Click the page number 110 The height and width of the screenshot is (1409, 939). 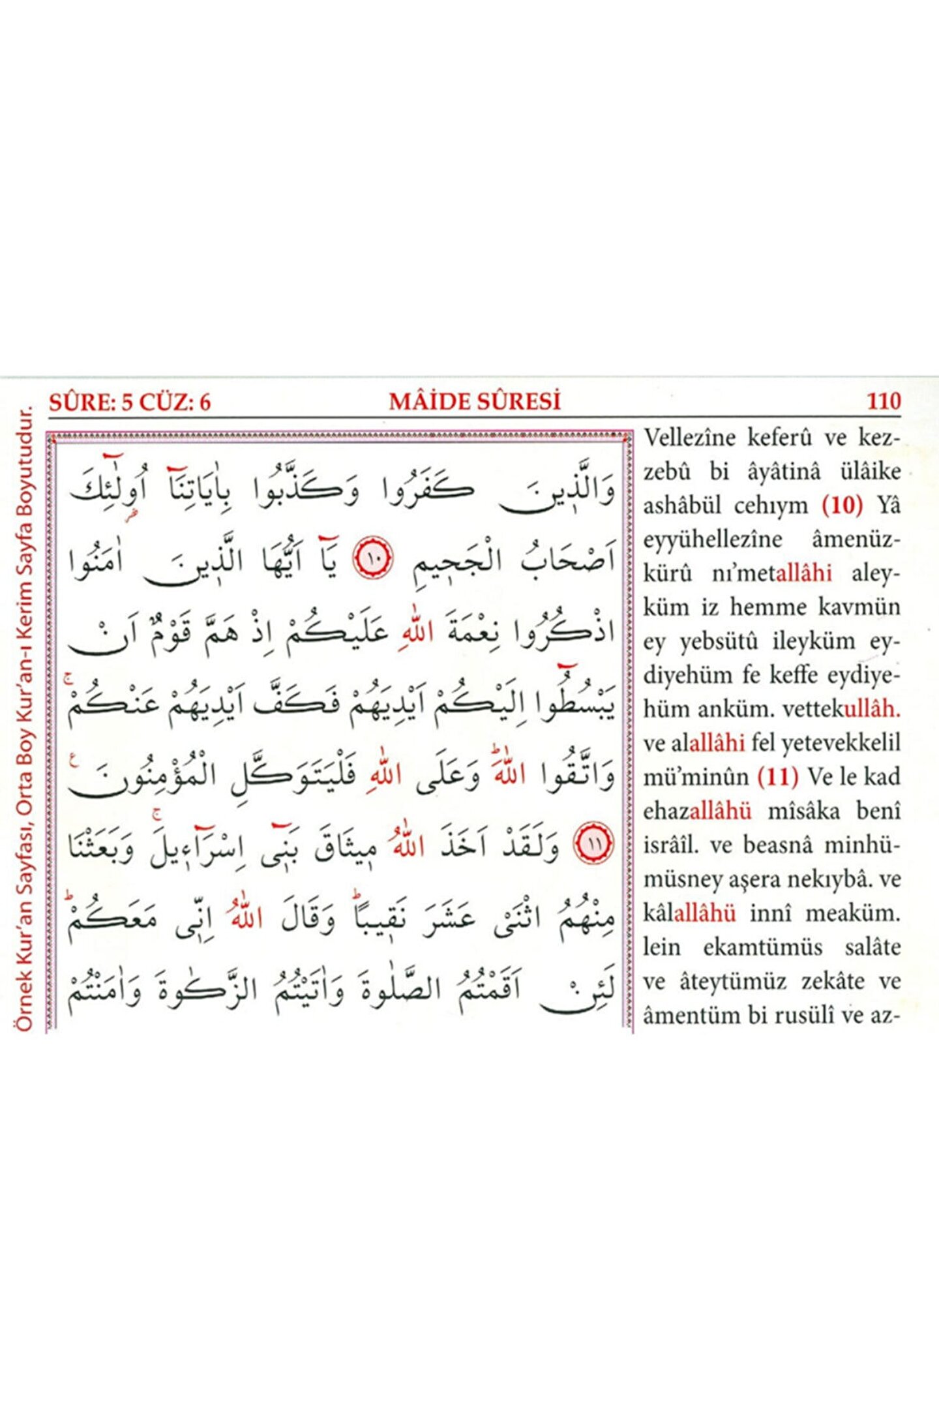click(884, 401)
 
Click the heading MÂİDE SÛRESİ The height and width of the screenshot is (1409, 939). click(475, 401)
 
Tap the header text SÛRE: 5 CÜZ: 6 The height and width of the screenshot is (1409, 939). click(130, 402)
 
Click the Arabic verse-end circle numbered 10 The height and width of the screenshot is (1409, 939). click(374, 558)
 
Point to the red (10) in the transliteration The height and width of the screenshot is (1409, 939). click(842, 506)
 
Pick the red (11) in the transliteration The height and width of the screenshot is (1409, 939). click(778, 777)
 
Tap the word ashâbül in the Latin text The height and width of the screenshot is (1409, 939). click(684, 506)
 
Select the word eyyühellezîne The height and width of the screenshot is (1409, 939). click(713, 539)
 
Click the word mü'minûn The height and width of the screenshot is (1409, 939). click(696, 777)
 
